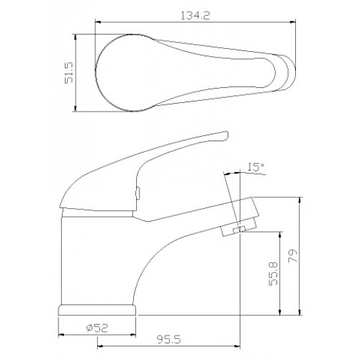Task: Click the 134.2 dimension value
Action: pos(195,16)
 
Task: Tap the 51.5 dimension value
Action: pos(69,73)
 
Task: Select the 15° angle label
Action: pos(256,167)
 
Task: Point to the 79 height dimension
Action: pos(293,256)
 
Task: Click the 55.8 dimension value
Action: pos(273,274)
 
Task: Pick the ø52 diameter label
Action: pos(97,328)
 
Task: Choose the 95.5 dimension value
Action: pos(168,339)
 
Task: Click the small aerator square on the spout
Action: pos(239,230)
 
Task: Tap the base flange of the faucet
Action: pos(97,310)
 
